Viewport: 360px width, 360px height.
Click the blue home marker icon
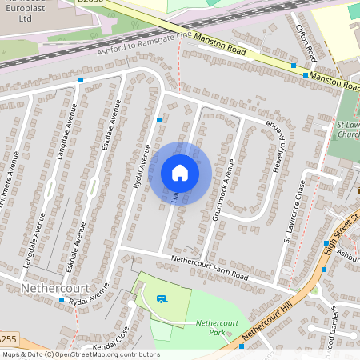tap(180, 173)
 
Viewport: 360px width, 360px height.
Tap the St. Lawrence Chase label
tap(294, 213)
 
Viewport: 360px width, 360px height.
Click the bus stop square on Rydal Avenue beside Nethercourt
tap(62, 300)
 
